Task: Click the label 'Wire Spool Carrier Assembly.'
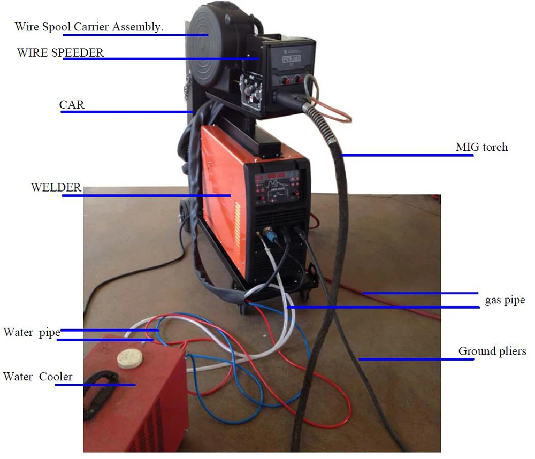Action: [89, 27]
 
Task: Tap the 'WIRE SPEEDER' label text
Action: [60, 52]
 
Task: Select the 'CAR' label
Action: [72, 104]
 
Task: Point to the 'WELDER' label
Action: [56, 188]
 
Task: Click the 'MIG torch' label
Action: [481, 147]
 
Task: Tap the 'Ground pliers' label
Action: [492, 351]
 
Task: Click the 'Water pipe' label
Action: [32, 332]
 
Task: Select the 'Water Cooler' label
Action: [37, 377]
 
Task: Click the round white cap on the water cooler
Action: [128, 357]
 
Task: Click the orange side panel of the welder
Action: [219, 198]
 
